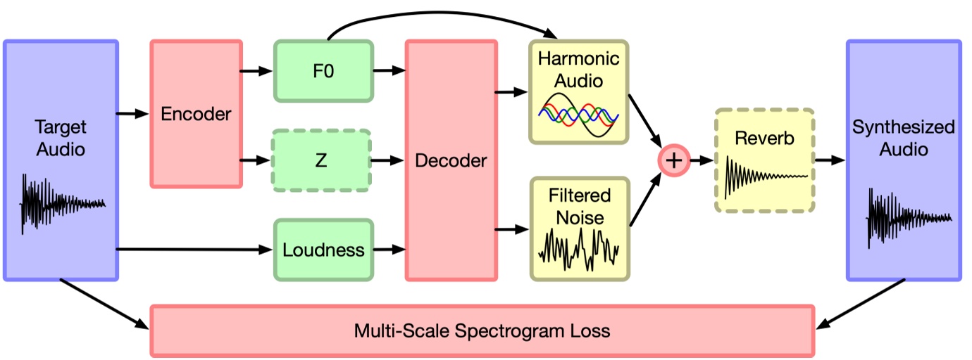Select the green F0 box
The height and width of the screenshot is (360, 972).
(x=323, y=71)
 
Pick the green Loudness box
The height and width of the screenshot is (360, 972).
(x=323, y=250)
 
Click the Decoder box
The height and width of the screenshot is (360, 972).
(x=450, y=160)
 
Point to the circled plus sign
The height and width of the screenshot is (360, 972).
(x=674, y=160)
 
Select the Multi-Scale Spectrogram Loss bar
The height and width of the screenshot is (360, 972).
(x=482, y=330)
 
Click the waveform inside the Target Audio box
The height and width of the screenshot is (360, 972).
(x=62, y=204)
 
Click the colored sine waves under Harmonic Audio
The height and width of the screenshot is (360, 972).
(x=578, y=112)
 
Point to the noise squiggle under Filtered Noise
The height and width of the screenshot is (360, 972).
(x=578, y=250)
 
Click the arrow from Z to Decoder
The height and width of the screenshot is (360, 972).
(x=387, y=161)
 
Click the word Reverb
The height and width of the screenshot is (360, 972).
(x=764, y=138)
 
